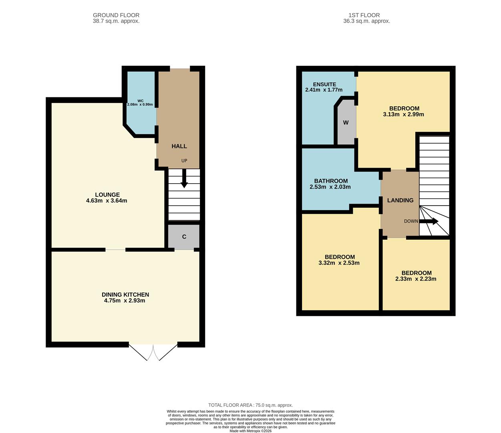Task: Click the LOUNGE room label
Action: pos(107,195)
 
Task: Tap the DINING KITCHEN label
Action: pos(125,295)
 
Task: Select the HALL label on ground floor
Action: pos(179,146)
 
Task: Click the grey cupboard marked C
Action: pos(184,237)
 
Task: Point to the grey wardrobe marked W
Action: pos(346,123)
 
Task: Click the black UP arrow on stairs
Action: pos(184,179)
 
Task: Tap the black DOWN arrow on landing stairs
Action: pos(429,221)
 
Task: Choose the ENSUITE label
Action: pos(324,84)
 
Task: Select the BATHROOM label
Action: pos(331,181)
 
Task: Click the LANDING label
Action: pos(400,200)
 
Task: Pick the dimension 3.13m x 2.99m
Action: pos(403,114)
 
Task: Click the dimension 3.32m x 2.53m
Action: pos(339,263)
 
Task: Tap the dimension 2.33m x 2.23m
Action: pos(416,279)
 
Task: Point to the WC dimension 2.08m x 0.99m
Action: pos(140,105)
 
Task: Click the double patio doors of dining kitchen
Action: pos(153,352)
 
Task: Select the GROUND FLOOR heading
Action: pos(116,15)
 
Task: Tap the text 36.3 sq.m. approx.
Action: pos(366,21)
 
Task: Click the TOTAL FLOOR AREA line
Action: pos(250,405)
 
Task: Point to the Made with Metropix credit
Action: pos(250,431)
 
